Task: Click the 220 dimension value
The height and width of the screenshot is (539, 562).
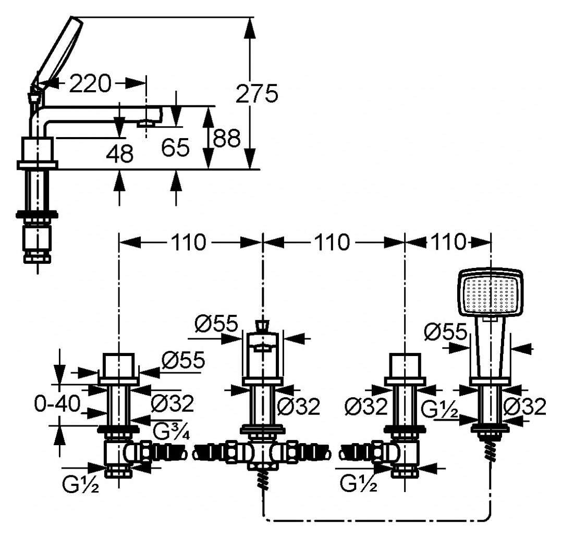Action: pyautogui.click(x=90, y=84)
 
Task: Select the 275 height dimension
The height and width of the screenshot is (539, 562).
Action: pyautogui.click(x=256, y=93)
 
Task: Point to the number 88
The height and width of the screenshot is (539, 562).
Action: pyautogui.click(x=226, y=138)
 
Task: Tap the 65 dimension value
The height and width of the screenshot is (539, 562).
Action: pyautogui.click(x=175, y=148)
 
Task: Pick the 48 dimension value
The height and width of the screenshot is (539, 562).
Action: pyautogui.click(x=120, y=154)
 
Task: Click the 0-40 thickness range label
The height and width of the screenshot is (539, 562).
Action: pyautogui.click(x=57, y=405)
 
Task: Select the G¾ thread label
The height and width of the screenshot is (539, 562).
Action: pyautogui.click(x=172, y=432)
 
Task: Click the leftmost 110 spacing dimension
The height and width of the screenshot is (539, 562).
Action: pyautogui.click(x=189, y=242)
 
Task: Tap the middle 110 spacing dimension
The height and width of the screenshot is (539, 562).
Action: pyautogui.click(x=332, y=242)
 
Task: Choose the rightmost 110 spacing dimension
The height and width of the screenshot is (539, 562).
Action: pyautogui.click(x=448, y=242)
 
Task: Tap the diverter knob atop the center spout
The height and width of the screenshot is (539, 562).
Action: pyautogui.click(x=263, y=325)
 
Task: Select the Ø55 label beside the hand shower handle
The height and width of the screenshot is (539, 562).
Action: pyautogui.click(x=446, y=332)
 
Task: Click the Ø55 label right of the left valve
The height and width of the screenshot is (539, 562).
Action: pyautogui.click(x=184, y=360)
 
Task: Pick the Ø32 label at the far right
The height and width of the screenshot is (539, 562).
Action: pyautogui.click(x=524, y=407)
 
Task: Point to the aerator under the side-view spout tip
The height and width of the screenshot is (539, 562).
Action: pyautogui.click(x=146, y=124)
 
